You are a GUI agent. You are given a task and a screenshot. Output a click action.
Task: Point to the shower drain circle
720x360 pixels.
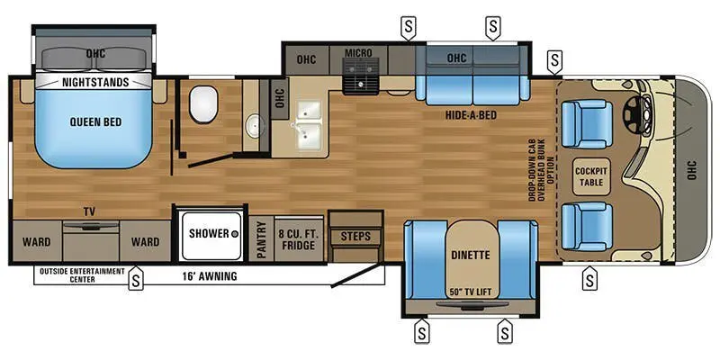pos(233,233)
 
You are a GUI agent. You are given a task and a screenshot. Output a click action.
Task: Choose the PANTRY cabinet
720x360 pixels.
pos(261,239)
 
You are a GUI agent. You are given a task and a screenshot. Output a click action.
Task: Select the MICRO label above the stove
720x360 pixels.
pos(358,53)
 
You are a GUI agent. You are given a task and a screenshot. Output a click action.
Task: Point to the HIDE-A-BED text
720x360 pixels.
pos(471,115)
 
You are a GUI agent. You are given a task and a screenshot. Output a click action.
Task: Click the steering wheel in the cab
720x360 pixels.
pos(643,112)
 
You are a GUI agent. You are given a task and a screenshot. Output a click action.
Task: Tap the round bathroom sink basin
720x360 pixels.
pos(251,123)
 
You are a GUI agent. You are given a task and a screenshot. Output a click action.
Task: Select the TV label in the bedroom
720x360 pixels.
pos(89,211)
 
